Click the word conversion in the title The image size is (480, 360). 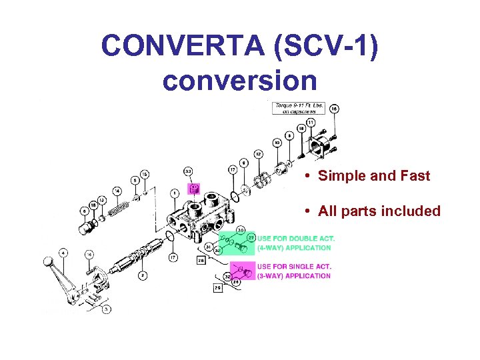pos(239,81)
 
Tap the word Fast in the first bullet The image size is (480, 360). pos(411,176)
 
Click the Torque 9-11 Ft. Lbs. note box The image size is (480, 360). pos(297,109)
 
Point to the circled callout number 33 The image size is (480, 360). pos(189,172)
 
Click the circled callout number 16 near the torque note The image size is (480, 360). pos(333,108)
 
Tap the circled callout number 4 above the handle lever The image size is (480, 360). pos(63,253)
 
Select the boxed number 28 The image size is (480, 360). pos(201,261)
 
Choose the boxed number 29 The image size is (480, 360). pos(218,288)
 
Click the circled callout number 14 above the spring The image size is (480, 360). pos(117,191)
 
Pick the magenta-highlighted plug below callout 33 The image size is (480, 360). pos(194,189)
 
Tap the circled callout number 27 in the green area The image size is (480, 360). pos(251,237)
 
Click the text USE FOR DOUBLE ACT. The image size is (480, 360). pos(295,238)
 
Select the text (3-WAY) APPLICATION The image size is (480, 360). pos(293,276)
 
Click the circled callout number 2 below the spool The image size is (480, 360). pos(142,275)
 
